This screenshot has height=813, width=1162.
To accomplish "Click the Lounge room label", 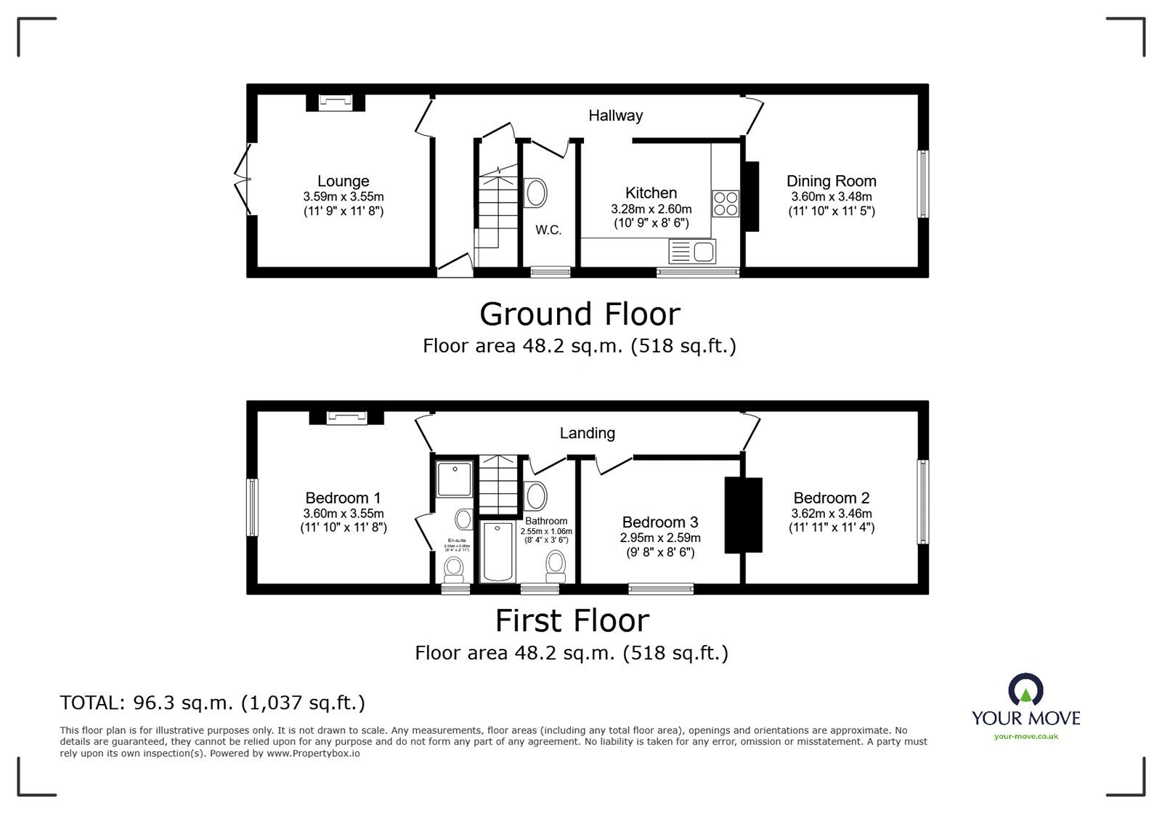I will [x=343, y=181].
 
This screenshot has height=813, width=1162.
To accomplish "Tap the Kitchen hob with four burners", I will [x=725, y=203].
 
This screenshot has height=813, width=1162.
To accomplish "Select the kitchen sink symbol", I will [x=693, y=252].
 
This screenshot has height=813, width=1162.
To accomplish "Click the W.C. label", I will [x=548, y=230].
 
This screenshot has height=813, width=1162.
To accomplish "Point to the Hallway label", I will [x=615, y=116].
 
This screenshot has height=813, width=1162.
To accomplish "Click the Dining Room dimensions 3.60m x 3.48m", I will [x=832, y=197].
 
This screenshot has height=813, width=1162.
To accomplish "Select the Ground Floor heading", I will [x=580, y=314].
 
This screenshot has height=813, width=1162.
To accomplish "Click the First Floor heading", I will [x=572, y=621].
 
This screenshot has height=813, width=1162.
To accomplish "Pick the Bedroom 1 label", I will [x=343, y=498].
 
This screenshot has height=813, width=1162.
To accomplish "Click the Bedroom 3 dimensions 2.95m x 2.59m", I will [x=660, y=538].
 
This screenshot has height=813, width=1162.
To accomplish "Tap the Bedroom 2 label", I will [x=832, y=498].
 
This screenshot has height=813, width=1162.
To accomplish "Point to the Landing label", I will [x=587, y=433].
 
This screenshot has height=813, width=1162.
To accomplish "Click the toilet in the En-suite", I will [x=455, y=568].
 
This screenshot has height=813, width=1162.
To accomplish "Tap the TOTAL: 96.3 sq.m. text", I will [x=212, y=703].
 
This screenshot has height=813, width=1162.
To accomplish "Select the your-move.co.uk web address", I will [x=1025, y=737].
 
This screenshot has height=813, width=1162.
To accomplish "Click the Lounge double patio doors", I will [x=242, y=179].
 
